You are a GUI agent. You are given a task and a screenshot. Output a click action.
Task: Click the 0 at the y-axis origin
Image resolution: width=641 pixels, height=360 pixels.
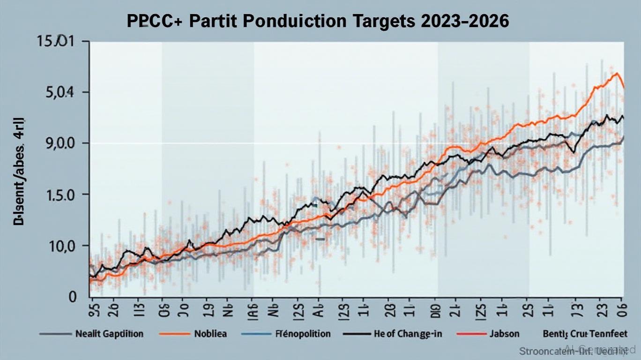pos(73,297)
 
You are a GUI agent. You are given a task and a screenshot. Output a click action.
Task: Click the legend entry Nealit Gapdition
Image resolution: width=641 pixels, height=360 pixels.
pos(109,334)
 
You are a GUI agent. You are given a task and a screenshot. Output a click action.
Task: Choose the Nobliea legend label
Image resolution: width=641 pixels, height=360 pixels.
pos(210,334)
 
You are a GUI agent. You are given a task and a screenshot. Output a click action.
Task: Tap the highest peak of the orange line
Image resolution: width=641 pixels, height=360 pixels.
pos(617,73)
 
